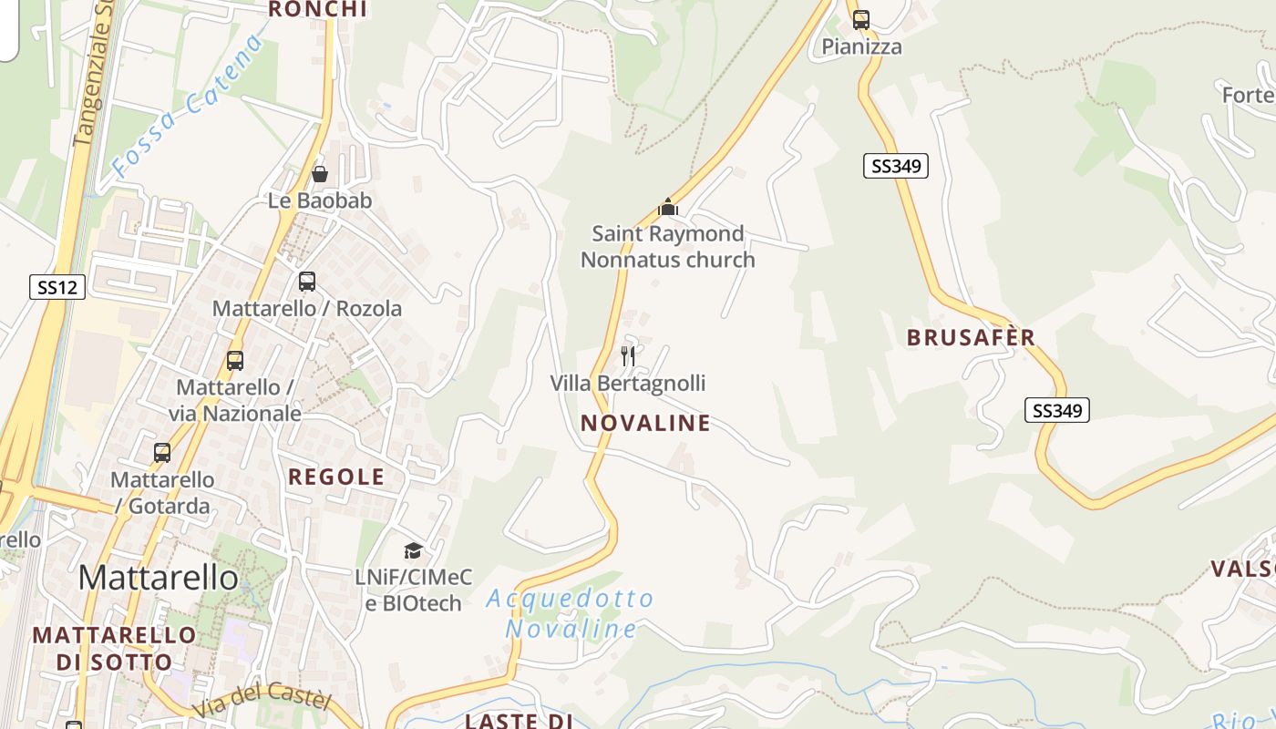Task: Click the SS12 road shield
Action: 57,287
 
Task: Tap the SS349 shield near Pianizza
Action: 895,166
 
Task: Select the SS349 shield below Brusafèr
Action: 1056,410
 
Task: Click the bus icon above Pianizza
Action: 861,19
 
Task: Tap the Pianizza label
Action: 861,46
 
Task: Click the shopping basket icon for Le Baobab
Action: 320,173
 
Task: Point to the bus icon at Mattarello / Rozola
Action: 307,282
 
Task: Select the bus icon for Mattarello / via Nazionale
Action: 235,361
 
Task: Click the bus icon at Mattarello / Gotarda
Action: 162,452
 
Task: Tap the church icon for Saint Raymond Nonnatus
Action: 668,207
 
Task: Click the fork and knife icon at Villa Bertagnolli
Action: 627,355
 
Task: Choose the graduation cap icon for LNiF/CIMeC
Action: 413,550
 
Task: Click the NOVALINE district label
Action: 645,423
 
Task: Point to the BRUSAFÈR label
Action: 971,337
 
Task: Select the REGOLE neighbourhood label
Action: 336,477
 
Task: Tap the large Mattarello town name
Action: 158,577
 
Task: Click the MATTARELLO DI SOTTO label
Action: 114,648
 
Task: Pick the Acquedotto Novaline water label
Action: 571,613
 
